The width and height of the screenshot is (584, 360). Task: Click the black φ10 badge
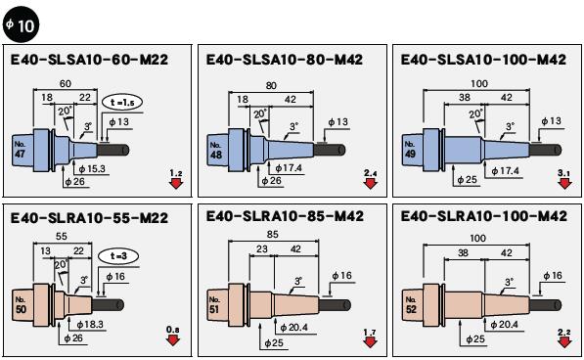coord(21,24)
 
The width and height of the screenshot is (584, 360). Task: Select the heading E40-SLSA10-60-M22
coord(89,60)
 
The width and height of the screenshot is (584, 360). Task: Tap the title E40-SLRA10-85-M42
coord(285,216)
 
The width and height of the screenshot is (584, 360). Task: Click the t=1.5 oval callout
coord(122,103)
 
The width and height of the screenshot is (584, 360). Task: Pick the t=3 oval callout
coord(118,256)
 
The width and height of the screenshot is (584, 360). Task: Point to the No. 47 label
coord(20,150)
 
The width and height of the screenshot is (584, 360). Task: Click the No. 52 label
coord(411,304)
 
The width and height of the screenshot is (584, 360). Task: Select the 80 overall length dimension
coord(271,86)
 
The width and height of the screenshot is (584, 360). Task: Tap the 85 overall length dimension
coord(273,235)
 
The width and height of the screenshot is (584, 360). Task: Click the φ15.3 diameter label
coord(92,169)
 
